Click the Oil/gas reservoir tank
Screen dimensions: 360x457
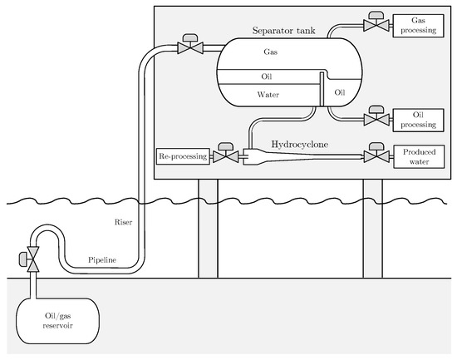54,319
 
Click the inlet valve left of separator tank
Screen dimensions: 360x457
192,47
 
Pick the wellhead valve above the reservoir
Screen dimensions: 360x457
34,259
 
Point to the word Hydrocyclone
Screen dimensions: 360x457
301,144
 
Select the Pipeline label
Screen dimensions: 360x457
101,260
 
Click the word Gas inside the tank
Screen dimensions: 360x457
270,52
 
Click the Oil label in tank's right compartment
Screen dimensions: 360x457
340,91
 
